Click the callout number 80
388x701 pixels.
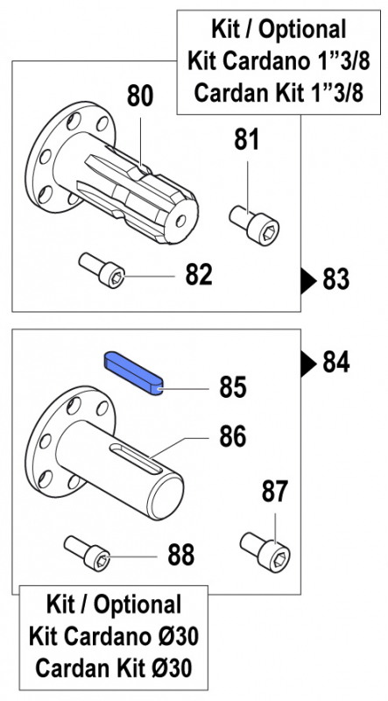click(x=140, y=96)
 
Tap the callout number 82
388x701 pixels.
click(x=199, y=275)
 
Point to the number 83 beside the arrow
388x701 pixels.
click(x=335, y=280)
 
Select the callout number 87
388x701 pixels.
click(x=275, y=492)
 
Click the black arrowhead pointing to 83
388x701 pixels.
click(x=309, y=280)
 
